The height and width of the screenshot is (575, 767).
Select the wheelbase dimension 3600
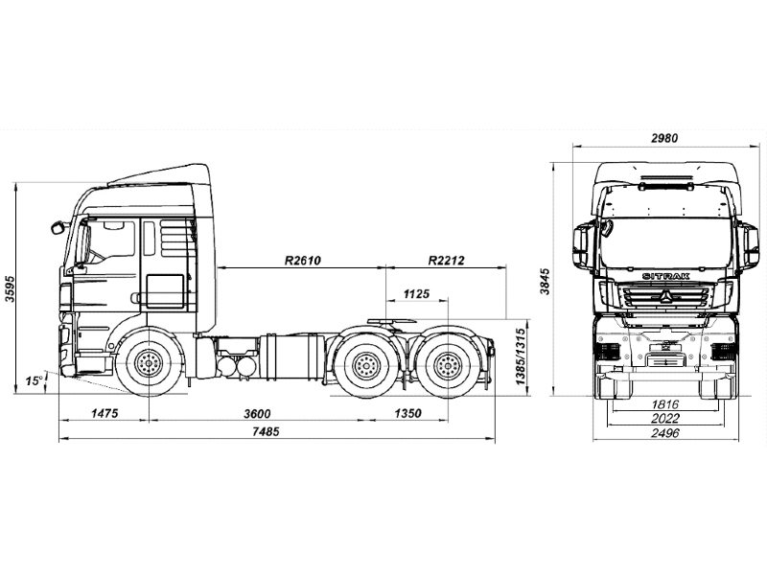coord(256,413)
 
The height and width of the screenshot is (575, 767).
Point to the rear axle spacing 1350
coord(407,413)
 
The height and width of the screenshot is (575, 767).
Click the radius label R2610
coord(301,260)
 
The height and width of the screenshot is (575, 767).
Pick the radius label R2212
coord(446,260)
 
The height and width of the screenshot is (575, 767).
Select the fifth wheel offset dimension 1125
coord(416,292)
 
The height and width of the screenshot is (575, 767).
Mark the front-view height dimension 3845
coord(546,280)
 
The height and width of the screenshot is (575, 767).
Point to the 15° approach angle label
coord(34,380)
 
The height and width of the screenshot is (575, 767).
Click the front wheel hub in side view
coord(149,365)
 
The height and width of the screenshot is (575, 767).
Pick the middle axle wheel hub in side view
coord(365,365)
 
